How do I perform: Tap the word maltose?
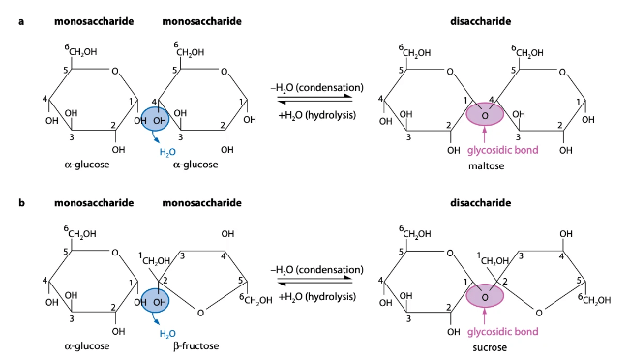[x=486, y=166]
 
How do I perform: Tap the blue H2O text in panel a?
[x=167, y=152]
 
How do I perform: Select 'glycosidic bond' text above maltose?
[x=486, y=152]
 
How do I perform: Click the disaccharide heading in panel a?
[x=484, y=20]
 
